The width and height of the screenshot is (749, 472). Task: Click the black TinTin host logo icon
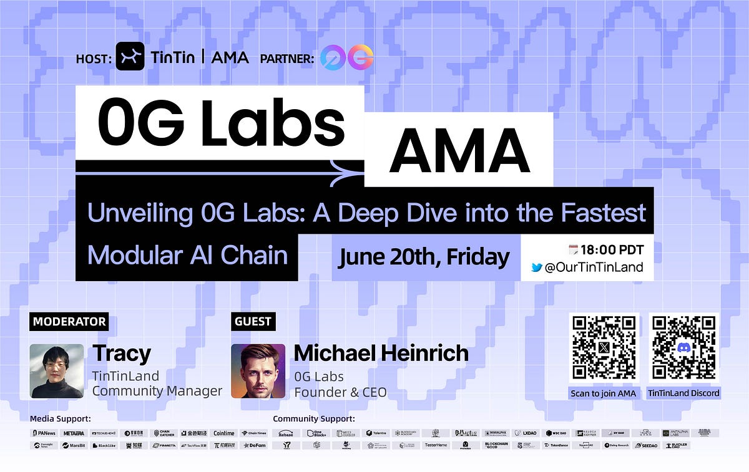point(130,57)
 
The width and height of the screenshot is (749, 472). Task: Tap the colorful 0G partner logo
point(346,57)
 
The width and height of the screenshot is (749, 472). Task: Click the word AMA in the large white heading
point(459,152)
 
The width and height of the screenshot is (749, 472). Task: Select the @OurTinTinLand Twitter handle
point(594,268)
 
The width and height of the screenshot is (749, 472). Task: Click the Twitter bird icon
point(536,268)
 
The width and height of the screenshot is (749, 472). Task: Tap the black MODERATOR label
point(69,322)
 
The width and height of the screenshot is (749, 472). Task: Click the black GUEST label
point(253,322)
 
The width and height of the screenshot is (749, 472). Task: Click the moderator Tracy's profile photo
point(57,371)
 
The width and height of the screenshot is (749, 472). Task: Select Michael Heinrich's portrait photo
point(258,371)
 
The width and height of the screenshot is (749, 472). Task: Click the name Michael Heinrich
point(381,354)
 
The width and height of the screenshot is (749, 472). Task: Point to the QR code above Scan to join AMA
point(604,348)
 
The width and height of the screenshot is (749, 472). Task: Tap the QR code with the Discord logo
point(683,348)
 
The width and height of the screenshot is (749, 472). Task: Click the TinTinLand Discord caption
point(683,393)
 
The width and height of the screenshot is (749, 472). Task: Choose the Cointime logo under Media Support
point(223,433)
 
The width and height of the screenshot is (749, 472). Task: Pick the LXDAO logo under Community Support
point(530,433)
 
